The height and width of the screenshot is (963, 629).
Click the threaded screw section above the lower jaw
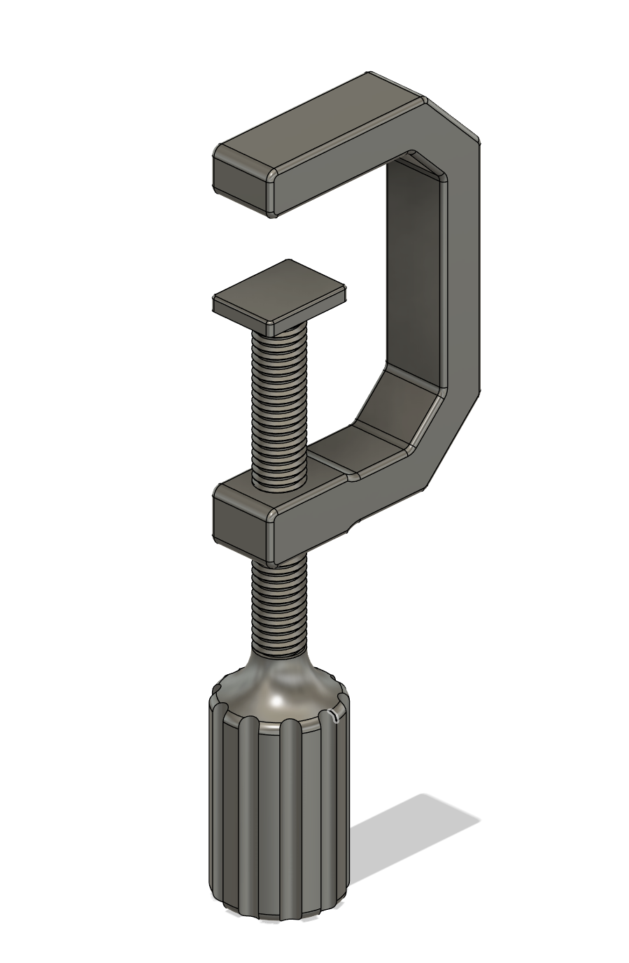278,406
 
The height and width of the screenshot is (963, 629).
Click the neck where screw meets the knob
277,657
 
